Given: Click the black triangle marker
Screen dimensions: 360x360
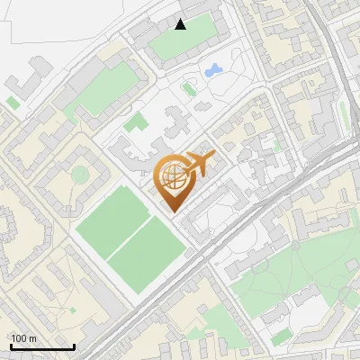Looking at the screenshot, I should pyautogui.click(x=181, y=24).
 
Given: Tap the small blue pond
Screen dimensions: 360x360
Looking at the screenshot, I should pyautogui.click(x=214, y=69).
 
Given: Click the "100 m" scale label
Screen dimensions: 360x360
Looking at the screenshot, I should pyautogui.click(x=24, y=338).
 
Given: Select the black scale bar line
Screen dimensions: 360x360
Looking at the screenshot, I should pyautogui.click(x=42, y=346).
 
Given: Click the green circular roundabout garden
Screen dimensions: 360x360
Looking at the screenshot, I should pyautogui.click(x=81, y=174).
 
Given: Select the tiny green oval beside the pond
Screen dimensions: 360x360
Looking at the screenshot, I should pyautogui.click(x=189, y=88).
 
